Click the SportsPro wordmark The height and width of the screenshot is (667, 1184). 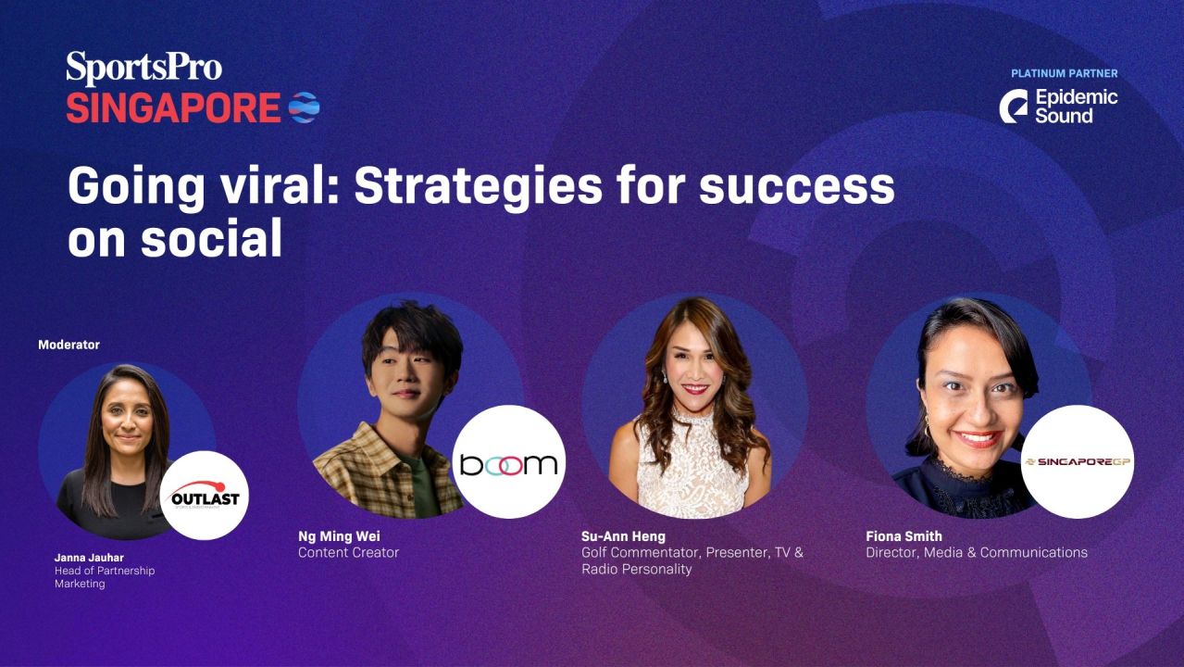143,69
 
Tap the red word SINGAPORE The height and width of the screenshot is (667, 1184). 173,108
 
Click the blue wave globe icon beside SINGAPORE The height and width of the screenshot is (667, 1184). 304,107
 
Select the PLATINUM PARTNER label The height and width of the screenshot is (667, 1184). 1064,73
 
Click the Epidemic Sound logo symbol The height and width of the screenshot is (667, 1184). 1014,107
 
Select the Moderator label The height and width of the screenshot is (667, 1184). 69,345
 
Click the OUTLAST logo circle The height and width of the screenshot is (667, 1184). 205,496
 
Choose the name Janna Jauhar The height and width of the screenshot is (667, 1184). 89,558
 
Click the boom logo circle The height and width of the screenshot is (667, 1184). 508,461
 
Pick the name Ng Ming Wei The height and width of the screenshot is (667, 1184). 339,536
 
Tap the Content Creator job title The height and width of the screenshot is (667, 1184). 348,553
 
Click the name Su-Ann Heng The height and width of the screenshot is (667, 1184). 623,536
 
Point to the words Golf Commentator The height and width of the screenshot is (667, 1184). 641,553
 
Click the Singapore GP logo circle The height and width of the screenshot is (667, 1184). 1077,461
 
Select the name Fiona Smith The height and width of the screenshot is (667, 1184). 904,536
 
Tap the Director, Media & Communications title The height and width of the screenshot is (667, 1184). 976,553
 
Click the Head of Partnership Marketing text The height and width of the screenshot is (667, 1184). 104,577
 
